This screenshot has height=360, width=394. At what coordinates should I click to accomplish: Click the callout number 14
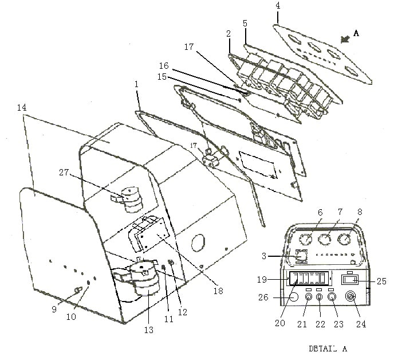coord(22,107)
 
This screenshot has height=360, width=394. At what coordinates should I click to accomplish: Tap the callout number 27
coord(64,173)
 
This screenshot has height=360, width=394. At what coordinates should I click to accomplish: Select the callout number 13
coord(149,330)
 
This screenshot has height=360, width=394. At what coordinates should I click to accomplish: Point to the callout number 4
coord(278,6)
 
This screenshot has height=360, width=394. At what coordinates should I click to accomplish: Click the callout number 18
coord(218,291)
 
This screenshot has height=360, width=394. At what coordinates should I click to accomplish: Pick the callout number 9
coord(54,309)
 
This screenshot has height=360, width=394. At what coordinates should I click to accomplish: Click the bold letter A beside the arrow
coord(356,33)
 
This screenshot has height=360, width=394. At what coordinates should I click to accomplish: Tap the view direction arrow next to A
coord(345,39)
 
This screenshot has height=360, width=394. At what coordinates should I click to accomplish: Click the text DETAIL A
coord(328,349)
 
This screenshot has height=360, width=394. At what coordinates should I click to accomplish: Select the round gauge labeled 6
coord(306,238)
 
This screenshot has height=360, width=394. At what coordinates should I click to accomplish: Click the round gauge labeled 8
coord(345,239)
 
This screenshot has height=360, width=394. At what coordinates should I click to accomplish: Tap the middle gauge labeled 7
coord(325,239)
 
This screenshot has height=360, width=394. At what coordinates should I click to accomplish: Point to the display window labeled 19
coord(309,278)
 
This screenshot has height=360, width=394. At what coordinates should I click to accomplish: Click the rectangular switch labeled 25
coord(350,280)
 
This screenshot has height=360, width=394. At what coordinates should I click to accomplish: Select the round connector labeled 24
coord(350,296)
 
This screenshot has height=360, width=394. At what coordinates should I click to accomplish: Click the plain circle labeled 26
coord(293,298)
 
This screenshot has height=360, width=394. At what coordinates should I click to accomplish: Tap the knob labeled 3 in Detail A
coord(301,256)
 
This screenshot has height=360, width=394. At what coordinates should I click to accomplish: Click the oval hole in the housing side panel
coord(198,242)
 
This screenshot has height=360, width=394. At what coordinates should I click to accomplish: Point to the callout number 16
coord(164,66)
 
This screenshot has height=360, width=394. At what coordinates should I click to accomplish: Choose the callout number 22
coord(320,324)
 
